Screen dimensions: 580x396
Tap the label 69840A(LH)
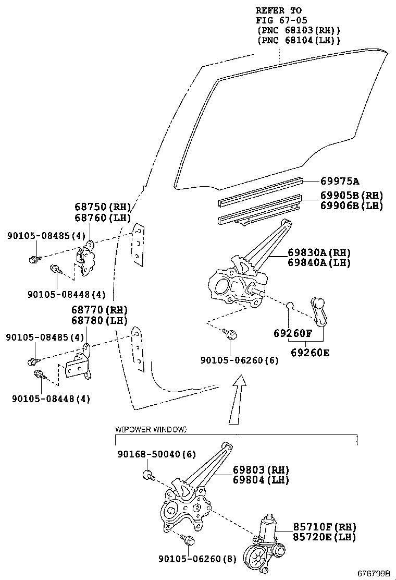pos(319,263)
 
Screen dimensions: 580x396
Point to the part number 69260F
pos(292,333)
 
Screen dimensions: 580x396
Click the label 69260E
pos(310,352)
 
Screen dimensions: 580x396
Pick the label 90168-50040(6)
pos(155,454)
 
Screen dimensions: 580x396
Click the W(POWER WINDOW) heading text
pos(151,429)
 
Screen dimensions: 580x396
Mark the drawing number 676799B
pos(374,573)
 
